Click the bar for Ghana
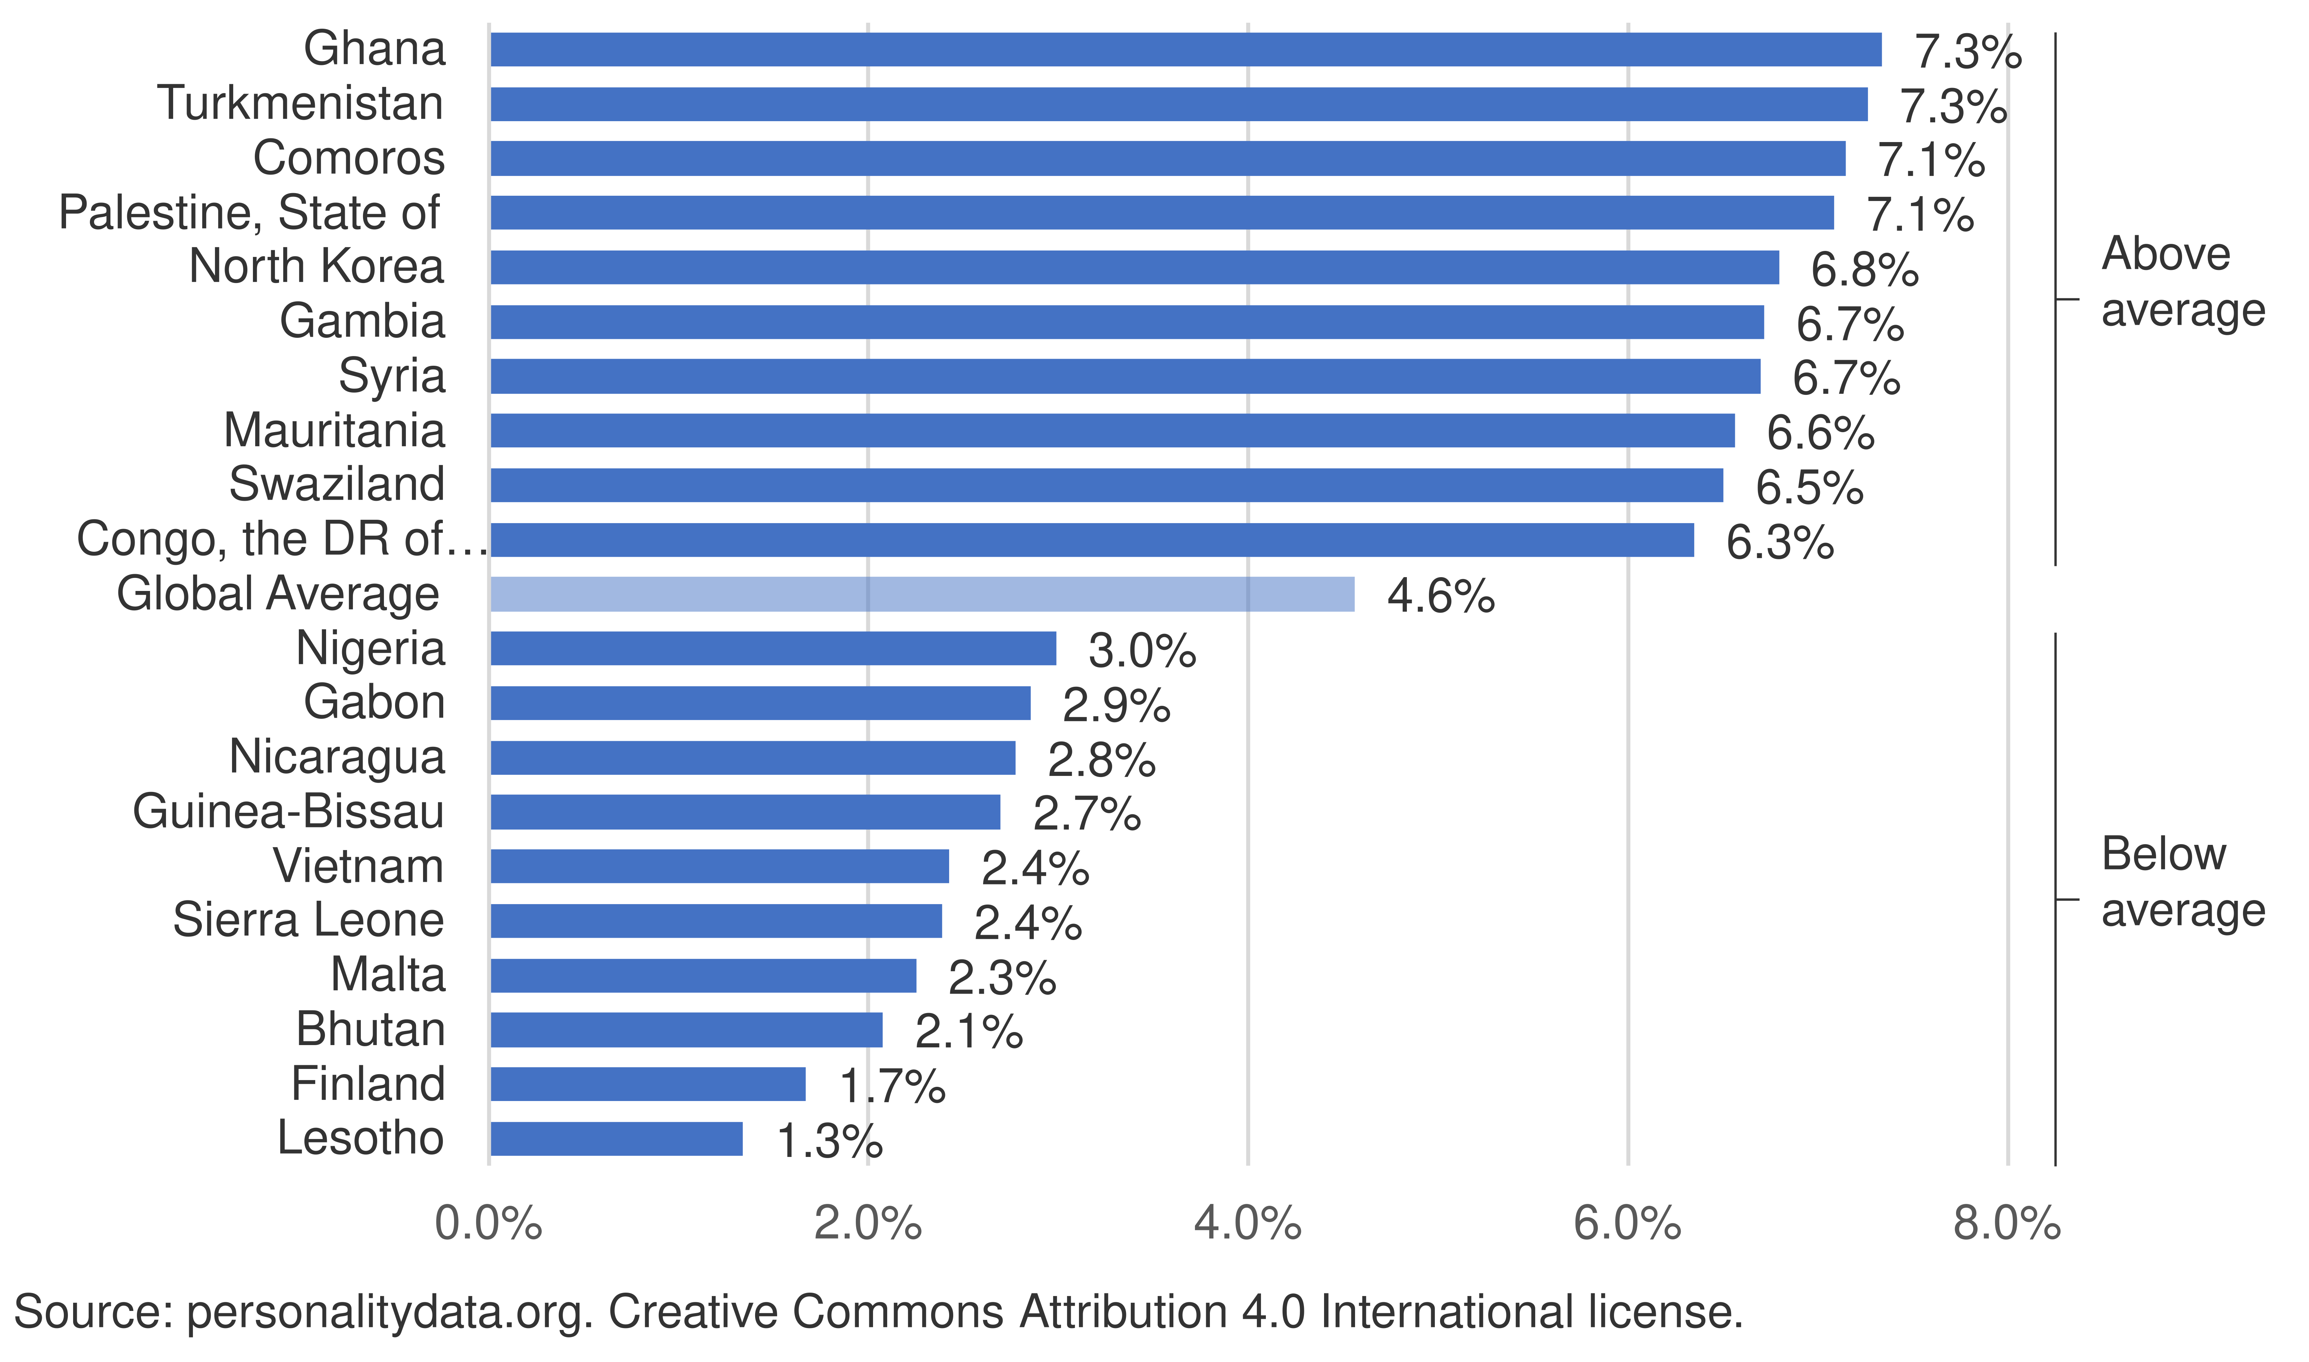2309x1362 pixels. [x=1184, y=50]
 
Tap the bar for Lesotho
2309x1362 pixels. [x=616, y=1139]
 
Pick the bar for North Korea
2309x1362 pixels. [x=1134, y=267]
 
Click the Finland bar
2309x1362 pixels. [x=647, y=1084]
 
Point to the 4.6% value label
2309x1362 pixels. [x=1440, y=597]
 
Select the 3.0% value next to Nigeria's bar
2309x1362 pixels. [x=1141, y=651]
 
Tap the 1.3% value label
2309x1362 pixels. [x=829, y=1142]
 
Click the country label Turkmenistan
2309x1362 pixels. [x=300, y=103]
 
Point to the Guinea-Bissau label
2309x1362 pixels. [x=288, y=811]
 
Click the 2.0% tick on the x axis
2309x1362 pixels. [x=867, y=1223]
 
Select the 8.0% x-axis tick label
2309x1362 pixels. [x=2007, y=1223]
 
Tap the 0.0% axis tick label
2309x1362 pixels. [x=488, y=1223]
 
